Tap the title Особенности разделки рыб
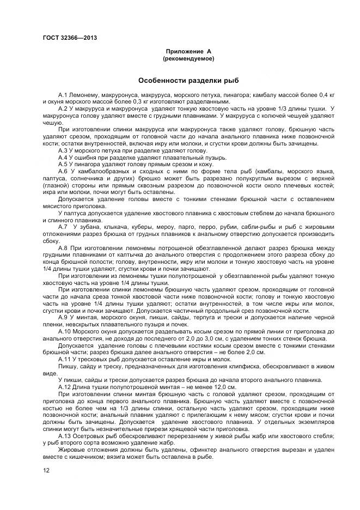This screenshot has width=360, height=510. click(x=188, y=80)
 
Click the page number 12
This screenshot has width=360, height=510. click(x=46, y=469)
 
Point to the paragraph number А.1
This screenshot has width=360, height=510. click(x=64, y=95)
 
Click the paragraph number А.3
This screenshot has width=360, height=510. click(x=64, y=150)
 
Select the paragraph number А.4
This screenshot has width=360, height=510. click(x=64, y=157)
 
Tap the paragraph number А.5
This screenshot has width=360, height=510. click(x=64, y=164)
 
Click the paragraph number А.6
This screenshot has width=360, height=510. click(x=64, y=171)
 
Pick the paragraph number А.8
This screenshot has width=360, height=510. click(x=64, y=247)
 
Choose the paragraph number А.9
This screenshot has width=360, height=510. click(x=64, y=317)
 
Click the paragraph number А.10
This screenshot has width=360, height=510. click(x=65, y=331)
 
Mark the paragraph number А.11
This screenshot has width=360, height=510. click(x=65, y=359)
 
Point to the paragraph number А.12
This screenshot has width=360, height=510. click(x=65, y=387)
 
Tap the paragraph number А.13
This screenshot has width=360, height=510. click(x=65, y=436)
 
